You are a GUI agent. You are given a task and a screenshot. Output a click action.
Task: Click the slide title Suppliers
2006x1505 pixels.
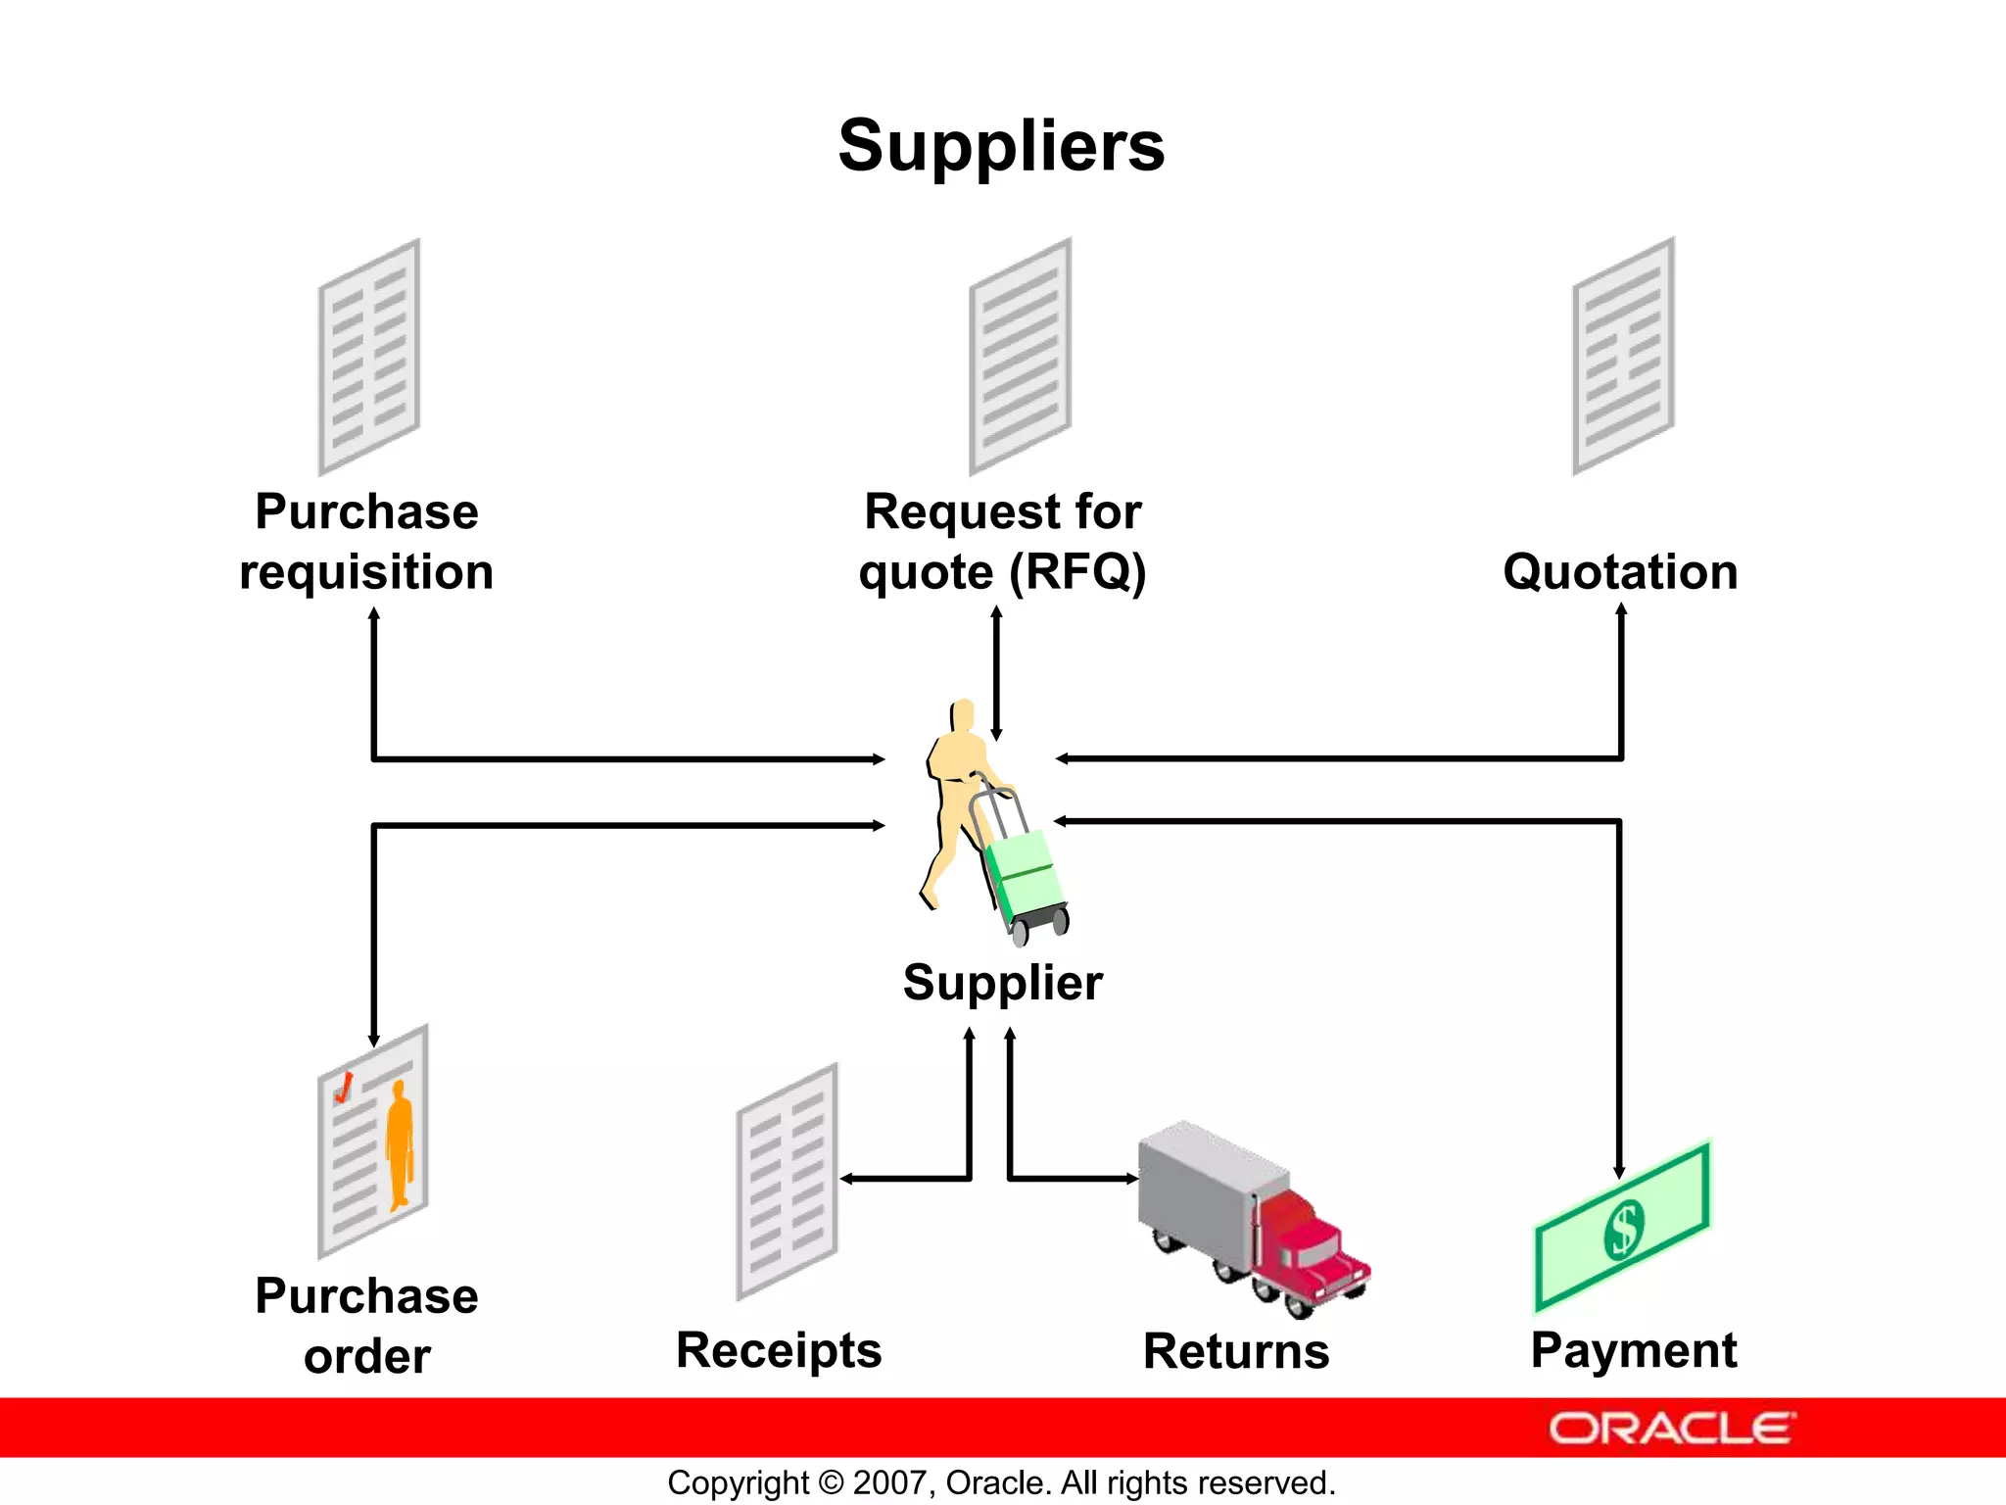coord(1001,146)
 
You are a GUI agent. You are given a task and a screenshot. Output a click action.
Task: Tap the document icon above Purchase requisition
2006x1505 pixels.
coord(369,357)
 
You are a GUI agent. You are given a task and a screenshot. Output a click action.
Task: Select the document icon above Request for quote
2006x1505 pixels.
coord(1020,357)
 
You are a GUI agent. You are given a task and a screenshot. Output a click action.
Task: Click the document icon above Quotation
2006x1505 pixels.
coord(1623,357)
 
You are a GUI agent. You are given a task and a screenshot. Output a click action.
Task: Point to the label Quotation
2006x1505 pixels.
coord(1620,571)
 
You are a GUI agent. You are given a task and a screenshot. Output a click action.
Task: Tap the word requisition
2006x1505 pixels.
coord(366,572)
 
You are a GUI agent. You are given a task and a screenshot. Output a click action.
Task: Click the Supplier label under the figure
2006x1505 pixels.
coord(1002,983)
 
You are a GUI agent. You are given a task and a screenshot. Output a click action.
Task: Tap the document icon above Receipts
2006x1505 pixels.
coord(787,1182)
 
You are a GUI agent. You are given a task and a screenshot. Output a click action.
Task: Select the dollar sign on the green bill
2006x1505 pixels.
coord(1623,1229)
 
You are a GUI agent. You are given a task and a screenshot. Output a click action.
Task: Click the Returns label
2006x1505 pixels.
coord(1236,1351)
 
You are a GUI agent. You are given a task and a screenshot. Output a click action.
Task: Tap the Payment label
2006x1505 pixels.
coord(1634,1350)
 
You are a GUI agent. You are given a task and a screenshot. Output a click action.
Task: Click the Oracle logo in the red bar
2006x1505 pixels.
coord(1672,1429)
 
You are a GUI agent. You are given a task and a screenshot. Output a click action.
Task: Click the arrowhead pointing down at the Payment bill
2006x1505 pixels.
coord(1619,1172)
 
